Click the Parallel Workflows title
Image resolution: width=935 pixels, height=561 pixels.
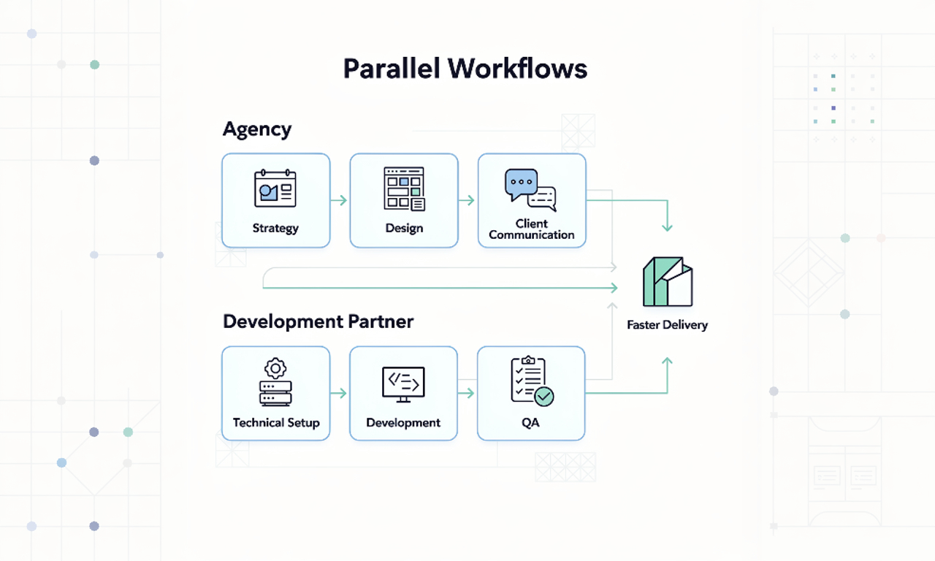465,69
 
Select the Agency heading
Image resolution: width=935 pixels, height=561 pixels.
257,130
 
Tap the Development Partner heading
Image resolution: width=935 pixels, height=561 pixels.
318,321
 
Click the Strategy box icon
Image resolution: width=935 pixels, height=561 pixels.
275,188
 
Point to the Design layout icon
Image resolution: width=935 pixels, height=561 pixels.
404,188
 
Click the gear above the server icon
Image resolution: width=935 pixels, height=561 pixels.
275,368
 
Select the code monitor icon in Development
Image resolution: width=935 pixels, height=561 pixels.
403,384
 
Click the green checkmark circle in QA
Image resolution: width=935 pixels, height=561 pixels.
544,397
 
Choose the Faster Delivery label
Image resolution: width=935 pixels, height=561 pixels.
667,325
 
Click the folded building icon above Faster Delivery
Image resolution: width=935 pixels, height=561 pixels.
667,282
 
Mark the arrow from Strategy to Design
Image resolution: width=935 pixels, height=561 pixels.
340,200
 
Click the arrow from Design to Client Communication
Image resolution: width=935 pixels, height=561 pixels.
467,200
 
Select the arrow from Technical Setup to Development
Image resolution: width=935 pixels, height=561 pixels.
339,393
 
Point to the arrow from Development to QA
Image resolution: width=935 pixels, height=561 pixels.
467,393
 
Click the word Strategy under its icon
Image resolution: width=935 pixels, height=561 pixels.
275,228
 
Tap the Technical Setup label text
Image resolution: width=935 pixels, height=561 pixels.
276,422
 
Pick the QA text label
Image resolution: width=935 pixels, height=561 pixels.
531,422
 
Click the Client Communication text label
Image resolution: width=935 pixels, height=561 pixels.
532,229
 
